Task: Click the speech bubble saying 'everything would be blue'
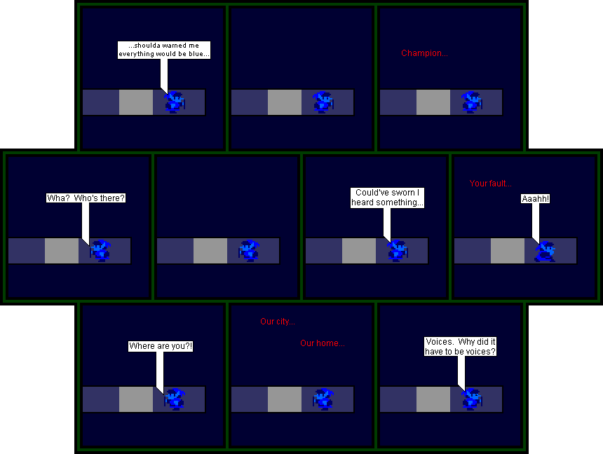pyautogui.click(x=164, y=50)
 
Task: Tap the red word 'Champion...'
pyautogui.click(x=425, y=53)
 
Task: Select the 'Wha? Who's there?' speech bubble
pyautogui.click(x=86, y=198)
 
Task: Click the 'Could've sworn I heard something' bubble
pyautogui.click(x=387, y=198)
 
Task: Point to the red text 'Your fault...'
pyautogui.click(x=491, y=184)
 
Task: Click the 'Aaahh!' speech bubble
pyautogui.click(x=535, y=199)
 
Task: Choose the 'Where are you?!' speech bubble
pyautogui.click(x=161, y=346)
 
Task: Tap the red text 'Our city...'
pyautogui.click(x=278, y=322)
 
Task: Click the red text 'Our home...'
pyautogui.click(x=323, y=343)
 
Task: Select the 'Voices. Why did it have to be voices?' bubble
pyautogui.click(x=461, y=346)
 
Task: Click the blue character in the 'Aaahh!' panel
pyautogui.click(x=546, y=252)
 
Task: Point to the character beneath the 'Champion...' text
pyautogui.click(x=472, y=102)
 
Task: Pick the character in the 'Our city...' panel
pyautogui.click(x=323, y=399)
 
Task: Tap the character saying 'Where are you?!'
pyautogui.click(x=175, y=399)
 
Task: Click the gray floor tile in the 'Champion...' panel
pyautogui.click(x=433, y=102)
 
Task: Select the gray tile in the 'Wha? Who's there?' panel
pyautogui.click(x=62, y=251)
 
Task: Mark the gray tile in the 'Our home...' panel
pyautogui.click(x=285, y=399)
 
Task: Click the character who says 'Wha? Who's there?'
pyautogui.click(x=100, y=251)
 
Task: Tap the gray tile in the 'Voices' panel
pyautogui.click(x=433, y=399)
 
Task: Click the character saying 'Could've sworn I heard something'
pyautogui.click(x=398, y=251)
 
